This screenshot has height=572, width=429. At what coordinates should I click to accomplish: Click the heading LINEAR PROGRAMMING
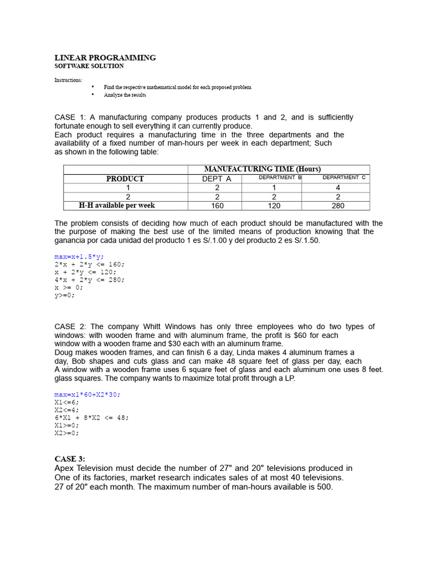[x=105, y=58]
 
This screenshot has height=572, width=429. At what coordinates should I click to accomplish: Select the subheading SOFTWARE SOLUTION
[x=89, y=66]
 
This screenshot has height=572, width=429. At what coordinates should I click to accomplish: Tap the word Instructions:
[x=68, y=80]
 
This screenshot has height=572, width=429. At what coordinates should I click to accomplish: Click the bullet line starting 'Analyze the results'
[x=125, y=95]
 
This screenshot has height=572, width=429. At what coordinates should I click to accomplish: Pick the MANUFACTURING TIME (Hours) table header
[x=263, y=169]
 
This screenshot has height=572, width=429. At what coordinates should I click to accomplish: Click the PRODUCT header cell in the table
[x=125, y=179]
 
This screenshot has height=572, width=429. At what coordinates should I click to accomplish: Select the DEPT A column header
[x=216, y=179]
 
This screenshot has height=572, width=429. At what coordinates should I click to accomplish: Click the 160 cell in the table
[x=216, y=206]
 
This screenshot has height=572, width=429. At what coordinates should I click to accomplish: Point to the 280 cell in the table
[x=337, y=206]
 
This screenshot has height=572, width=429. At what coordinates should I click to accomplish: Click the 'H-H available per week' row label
[x=117, y=206]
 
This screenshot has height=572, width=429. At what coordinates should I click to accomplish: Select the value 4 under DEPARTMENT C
[x=337, y=188]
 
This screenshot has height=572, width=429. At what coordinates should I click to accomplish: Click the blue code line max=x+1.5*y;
[x=79, y=256]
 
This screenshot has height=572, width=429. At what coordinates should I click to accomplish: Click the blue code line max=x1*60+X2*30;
[x=87, y=394]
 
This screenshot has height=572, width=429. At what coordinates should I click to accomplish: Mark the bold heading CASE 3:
[x=70, y=459]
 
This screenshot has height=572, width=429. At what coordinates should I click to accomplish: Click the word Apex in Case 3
[x=65, y=468]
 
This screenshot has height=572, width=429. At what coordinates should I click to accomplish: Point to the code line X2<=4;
[x=66, y=409]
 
